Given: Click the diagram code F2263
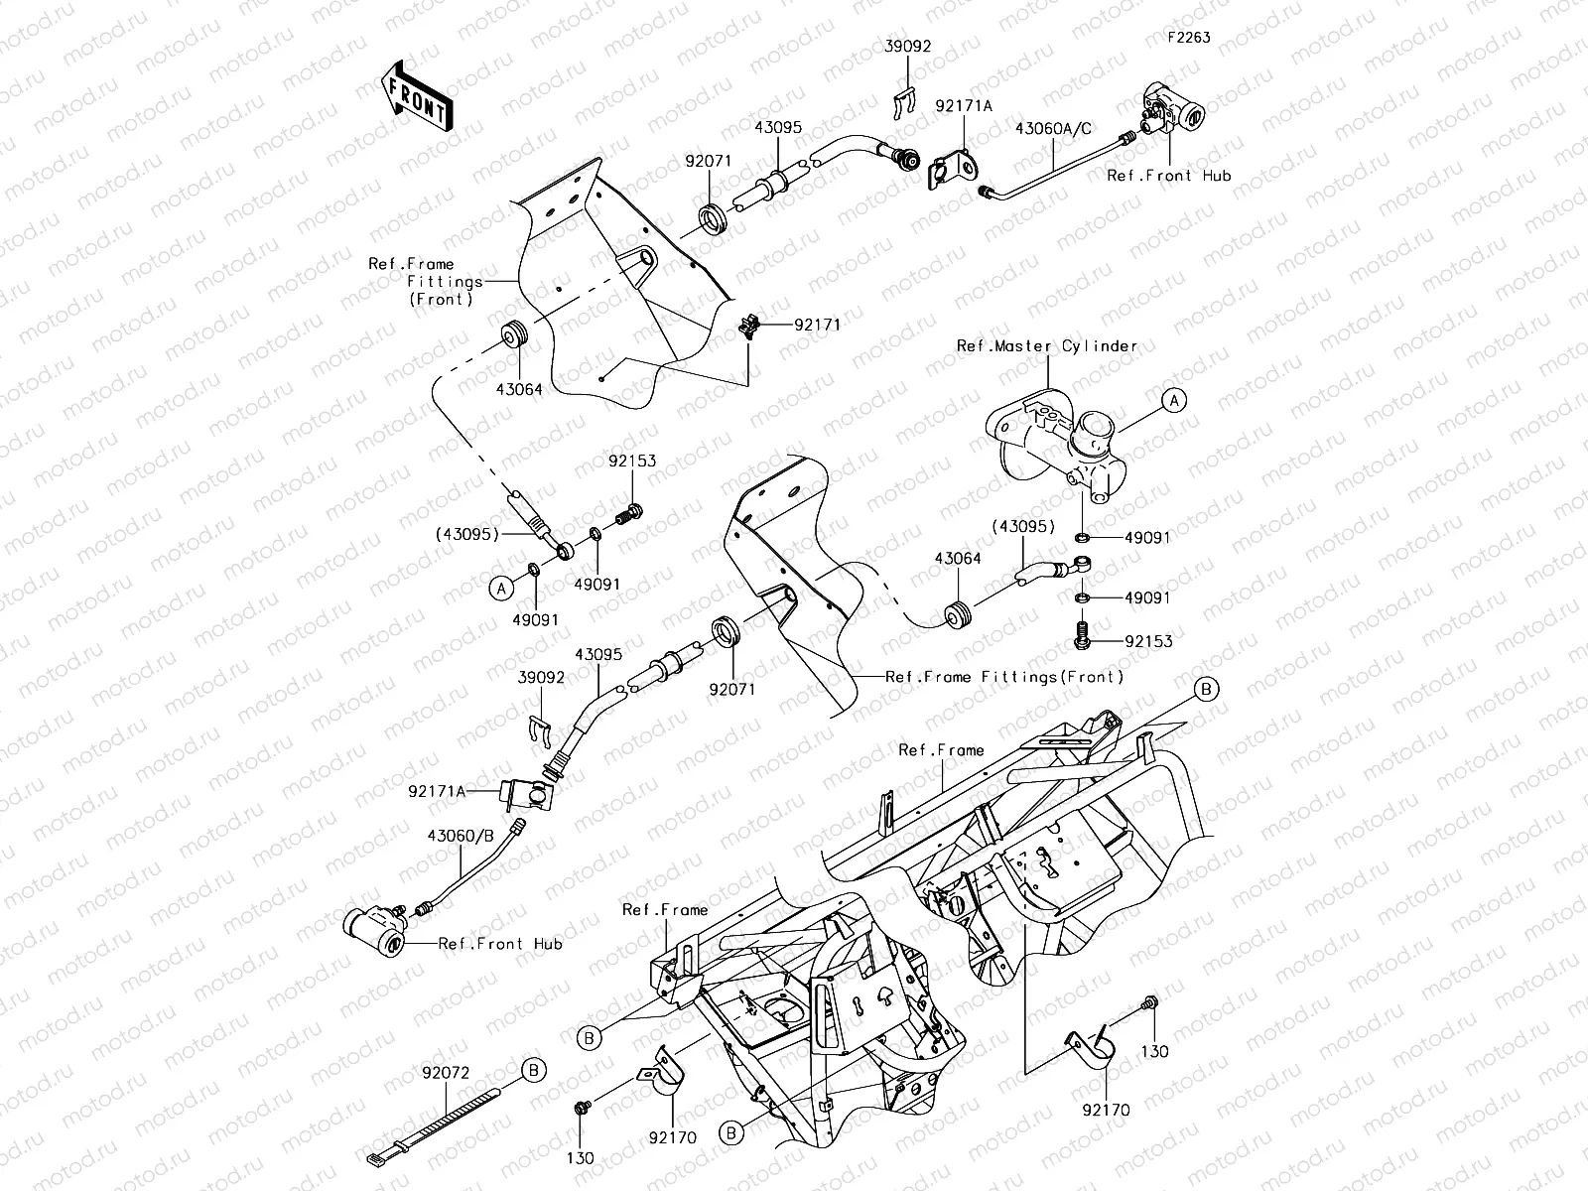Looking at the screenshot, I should pyautogui.click(x=1188, y=38).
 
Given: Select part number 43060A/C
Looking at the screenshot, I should pyautogui.click(x=1053, y=129).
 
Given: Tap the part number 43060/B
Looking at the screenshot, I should pyautogui.click(x=461, y=836).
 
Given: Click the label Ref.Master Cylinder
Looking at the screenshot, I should pyautogui.click(x=1046, y=346).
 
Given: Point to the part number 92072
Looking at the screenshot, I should pyautogui.click(x=446, y=1073).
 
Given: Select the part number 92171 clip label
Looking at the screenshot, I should pyautogui.click(x=816, y=325).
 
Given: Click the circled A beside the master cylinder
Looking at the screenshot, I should pyautogui.click(x=1173, y=401).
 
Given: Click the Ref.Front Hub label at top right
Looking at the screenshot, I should pyautogui.click(x=1168, y=176).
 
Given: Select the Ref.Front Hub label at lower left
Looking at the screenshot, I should pyautogui.click(x=500, y=943).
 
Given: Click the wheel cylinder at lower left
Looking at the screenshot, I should pyautogui.click(x=373, y=929).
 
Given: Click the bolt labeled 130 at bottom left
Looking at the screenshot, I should pyautogui.click(x=583, y=1106).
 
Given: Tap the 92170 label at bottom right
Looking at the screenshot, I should pyautogui.click(x=1106, y=1111).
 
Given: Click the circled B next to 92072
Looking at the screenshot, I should pyautogui.click(x=534, y=1070).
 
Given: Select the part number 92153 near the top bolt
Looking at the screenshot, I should pyautogui.click(x=632, y=462).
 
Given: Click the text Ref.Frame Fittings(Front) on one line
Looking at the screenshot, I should pyautogui.click(x=1004, y=677).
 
